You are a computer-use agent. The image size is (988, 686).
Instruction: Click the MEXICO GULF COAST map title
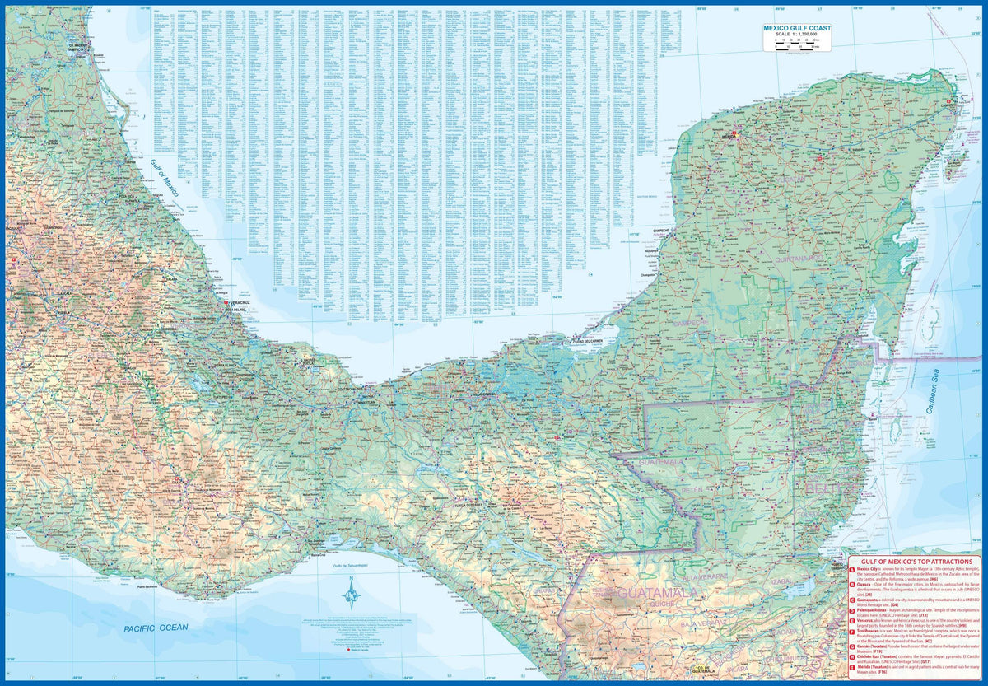pyautogui.click(x=796, y=28)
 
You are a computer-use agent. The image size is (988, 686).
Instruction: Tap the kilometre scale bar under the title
pyautogui.click(x=796, y=43)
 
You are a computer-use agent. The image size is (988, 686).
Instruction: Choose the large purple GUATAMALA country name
pyautogui.click(x=658, y=592)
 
